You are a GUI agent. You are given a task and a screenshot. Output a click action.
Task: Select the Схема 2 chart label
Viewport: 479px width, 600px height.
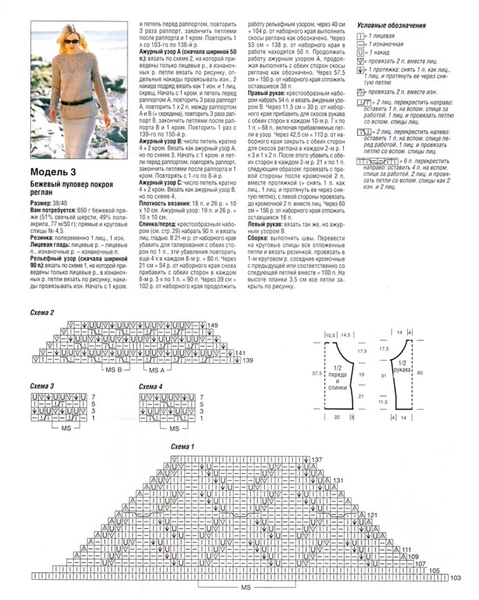click(x=43, y=314)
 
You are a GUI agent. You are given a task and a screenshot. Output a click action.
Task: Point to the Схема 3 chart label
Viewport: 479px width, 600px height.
click(x=43, y=386)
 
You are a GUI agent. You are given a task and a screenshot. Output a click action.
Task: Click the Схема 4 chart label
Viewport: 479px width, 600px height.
click(x=151, y=386)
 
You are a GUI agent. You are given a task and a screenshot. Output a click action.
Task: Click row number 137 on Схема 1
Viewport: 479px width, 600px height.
click(x=317, y=459)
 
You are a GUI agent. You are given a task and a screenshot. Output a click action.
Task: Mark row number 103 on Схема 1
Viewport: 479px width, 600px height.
click(x=454, y=577)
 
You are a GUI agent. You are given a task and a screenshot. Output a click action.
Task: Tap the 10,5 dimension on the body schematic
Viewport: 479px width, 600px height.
click(x=330, y=334)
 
